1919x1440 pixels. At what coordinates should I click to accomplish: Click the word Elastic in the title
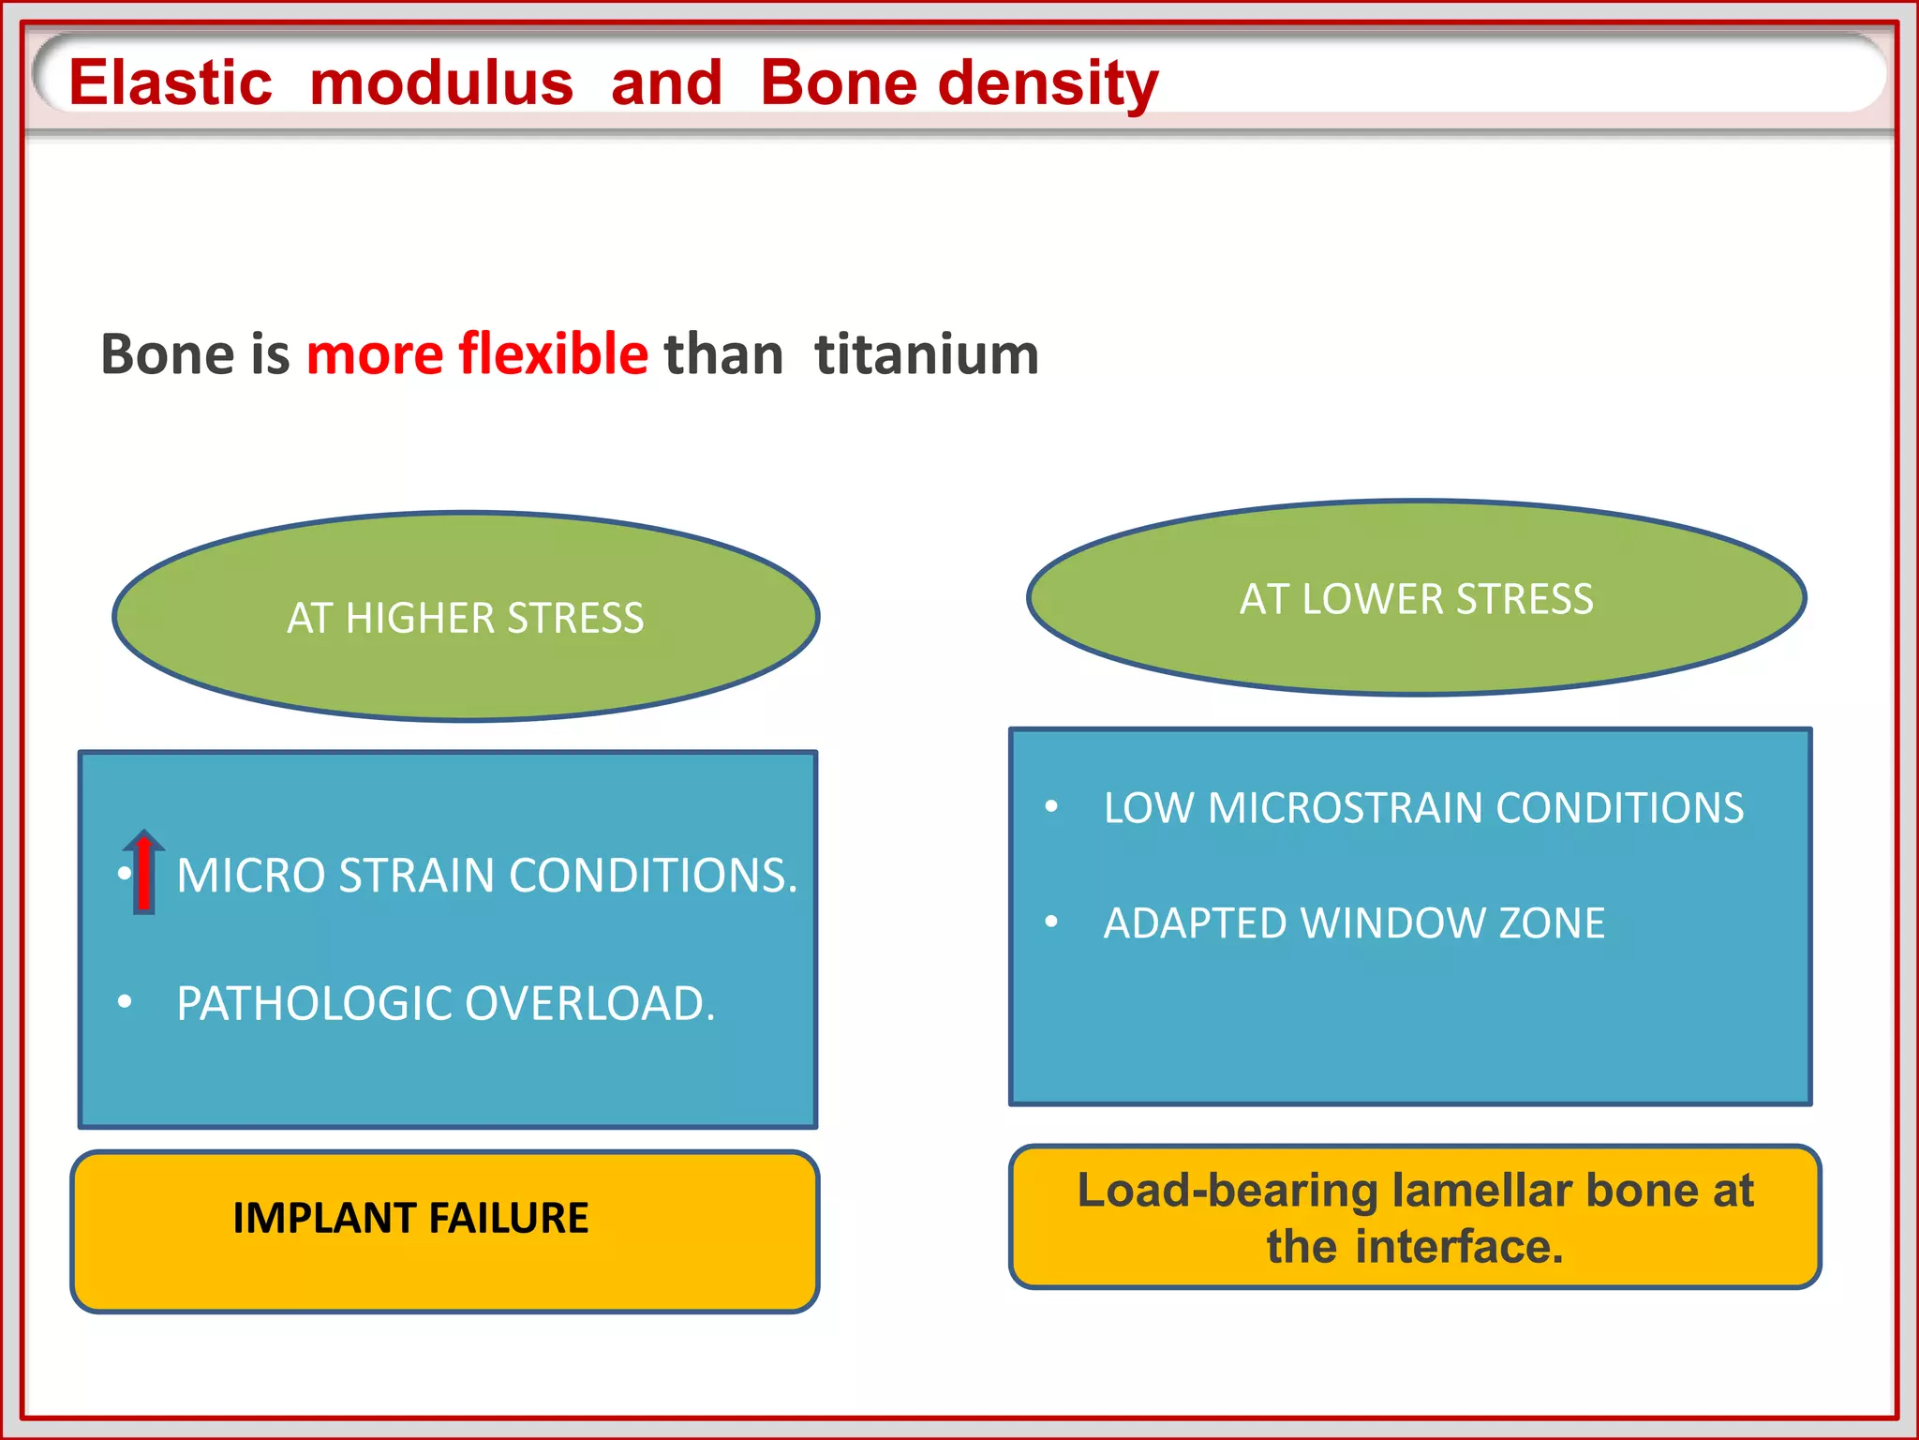pos(171,82)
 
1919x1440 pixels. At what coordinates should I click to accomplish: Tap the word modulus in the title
pos(441,82)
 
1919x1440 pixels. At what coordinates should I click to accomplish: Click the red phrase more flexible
pos(477,354)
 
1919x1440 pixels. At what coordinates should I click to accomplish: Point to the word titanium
pos(927,354)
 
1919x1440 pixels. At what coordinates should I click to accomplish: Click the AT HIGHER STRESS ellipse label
pos(466,618)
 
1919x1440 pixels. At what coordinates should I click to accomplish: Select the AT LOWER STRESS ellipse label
pos(1416,599)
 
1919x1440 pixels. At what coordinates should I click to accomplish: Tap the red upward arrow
pos(144,872)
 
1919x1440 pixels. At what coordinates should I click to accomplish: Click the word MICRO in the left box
pos(250,876)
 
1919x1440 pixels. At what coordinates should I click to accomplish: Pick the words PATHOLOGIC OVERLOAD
pos(446,1004)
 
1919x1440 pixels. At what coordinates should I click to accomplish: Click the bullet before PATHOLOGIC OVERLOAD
pos(125,1002)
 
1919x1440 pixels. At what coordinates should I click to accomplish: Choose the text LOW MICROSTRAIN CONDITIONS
pos(1423,808)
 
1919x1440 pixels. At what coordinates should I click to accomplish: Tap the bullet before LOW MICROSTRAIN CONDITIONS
pos(1051,806)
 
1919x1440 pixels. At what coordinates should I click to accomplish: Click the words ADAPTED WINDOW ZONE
pos(1354,923)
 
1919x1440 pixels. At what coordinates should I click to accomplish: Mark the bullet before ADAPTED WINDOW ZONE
pos(1051,922)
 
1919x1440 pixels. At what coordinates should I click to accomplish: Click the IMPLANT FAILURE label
pos(410,1218)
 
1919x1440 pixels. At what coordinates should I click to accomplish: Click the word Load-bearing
pos(1227,1191)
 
